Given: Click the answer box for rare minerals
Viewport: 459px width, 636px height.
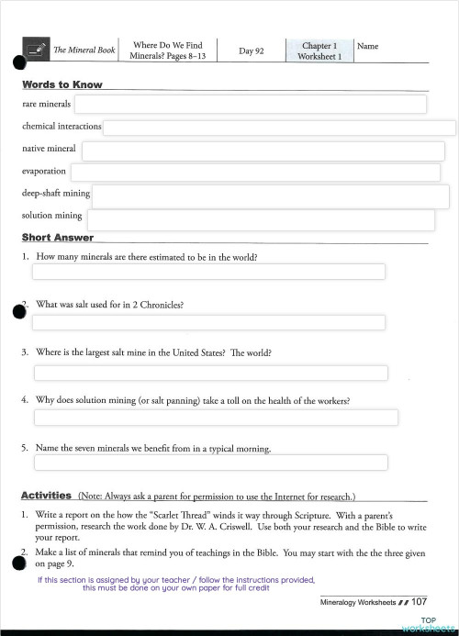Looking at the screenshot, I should [250, 104].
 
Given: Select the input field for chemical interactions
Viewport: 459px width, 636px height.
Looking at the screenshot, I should [279, 127].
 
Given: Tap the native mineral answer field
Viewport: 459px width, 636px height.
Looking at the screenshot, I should [263, 151].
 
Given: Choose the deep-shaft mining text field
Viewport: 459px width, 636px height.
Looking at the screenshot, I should [270, 195].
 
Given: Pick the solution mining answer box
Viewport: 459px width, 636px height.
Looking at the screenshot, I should [267, 219].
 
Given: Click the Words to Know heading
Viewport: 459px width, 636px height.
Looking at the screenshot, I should [62, 84].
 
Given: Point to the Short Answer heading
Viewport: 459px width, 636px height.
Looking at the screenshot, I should [57, 238].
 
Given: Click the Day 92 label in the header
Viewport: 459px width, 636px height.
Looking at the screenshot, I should [251, 50].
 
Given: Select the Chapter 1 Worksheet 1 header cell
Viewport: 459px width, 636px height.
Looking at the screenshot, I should [319, 50].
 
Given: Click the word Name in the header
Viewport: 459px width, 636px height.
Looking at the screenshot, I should [366, 46].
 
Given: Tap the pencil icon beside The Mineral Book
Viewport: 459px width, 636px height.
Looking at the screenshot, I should [37, 50].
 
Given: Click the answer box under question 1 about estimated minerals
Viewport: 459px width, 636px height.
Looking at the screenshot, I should [208, 272].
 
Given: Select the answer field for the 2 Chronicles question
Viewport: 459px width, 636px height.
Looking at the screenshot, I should [208, 322].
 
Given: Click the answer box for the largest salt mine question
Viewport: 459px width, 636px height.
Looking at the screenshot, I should [210, 373].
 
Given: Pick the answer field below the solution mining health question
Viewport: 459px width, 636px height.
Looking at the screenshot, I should [216, 418].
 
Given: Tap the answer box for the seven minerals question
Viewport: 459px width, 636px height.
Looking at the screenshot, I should [210, 463].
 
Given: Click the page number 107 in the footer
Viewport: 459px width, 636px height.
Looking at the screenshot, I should [419, 602].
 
